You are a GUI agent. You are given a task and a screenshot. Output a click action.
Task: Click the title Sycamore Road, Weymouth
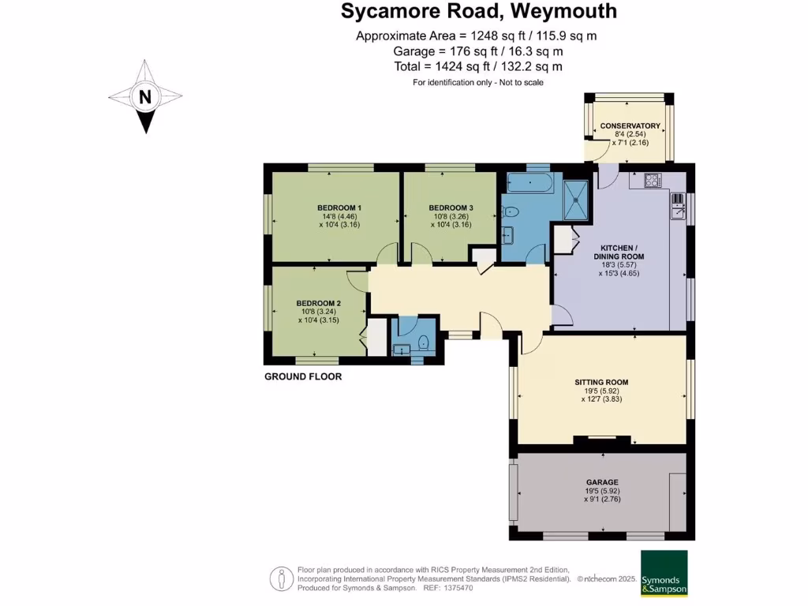pos(478,12)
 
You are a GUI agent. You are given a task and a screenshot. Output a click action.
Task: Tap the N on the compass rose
pos(144,98)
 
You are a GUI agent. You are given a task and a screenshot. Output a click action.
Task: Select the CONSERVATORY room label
pos(629,126)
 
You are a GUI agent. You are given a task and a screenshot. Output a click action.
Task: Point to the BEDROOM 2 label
pos(318,303)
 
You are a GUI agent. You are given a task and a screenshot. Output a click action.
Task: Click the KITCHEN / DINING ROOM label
pos(619,252)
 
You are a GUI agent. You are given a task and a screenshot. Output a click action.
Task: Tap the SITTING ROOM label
pos(601,382)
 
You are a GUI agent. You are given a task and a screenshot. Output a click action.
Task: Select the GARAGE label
pos(601,482)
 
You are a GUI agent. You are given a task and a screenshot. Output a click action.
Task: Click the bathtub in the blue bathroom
pos(531,185)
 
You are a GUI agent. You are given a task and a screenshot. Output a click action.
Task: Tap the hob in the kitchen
pos(652,180)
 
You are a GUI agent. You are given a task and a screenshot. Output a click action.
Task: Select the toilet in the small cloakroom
pos(424,342)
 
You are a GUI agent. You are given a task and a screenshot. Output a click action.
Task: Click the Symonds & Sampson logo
pos(664,573)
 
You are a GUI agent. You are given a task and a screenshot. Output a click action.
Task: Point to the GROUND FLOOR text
pos(303,377)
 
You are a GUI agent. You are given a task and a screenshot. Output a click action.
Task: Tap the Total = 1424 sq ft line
pos(478,67)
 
